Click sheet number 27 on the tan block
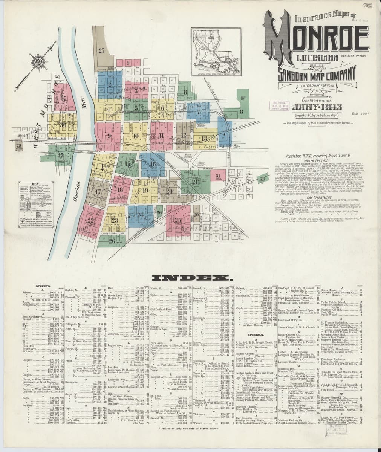101,50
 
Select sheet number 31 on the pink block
217,176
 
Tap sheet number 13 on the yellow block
204,138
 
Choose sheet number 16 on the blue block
153,164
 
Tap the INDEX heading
192,279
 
